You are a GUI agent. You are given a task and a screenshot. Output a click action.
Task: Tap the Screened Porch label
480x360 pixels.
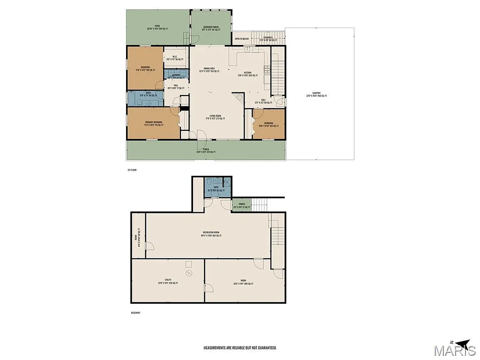point(211,28)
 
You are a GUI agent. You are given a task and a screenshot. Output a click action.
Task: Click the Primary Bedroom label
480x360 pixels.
point(153,123)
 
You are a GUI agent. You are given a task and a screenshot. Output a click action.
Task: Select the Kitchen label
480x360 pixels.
point(248,74)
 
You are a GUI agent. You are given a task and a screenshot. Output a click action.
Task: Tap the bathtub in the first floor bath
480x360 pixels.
point(132,99)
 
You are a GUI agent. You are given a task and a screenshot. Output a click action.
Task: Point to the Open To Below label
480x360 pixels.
point(242,39)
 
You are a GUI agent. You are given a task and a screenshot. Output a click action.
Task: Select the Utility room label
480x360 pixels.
point(167,282)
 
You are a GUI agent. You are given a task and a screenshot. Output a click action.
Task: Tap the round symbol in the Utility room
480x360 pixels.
point(189,273)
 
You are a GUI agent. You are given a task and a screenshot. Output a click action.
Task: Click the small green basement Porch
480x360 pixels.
point(242,205)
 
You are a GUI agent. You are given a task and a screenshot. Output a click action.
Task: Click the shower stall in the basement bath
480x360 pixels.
point(227,183)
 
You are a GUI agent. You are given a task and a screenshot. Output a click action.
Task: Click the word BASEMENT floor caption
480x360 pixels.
point(135,313)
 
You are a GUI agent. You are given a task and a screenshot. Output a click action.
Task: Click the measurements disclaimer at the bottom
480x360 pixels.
point(240,348)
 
